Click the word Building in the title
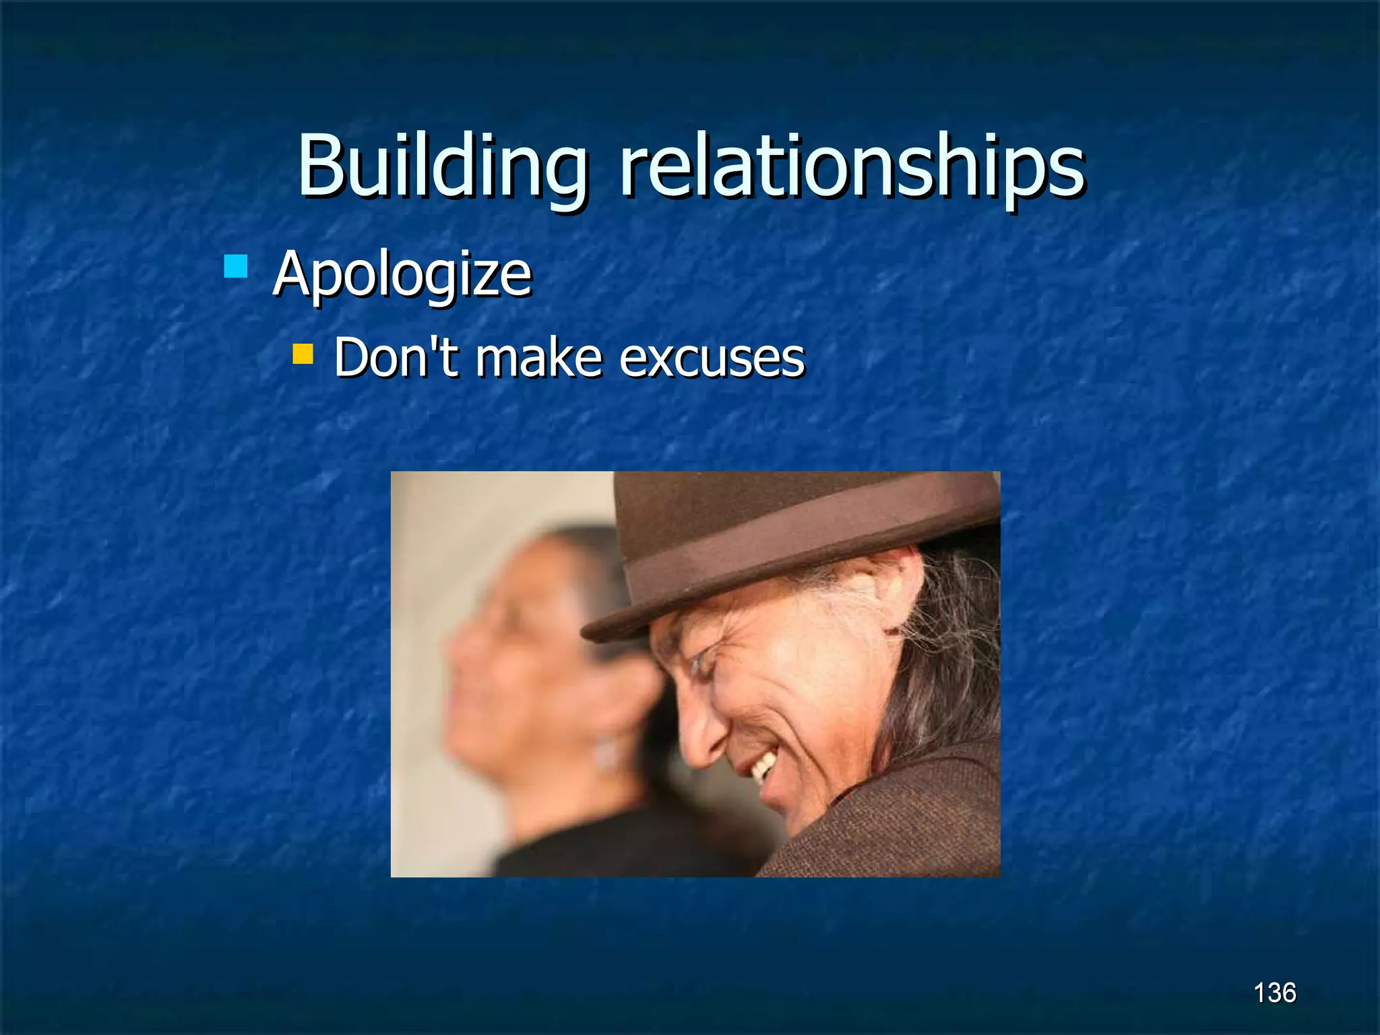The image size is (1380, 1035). (442, 166)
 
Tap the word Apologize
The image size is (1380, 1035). (402, 274)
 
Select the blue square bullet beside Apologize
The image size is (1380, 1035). (236, 265)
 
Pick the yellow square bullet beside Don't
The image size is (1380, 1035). (303, 354)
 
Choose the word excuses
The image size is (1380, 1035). (712, 358)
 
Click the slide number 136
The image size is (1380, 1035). (1274, 993)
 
